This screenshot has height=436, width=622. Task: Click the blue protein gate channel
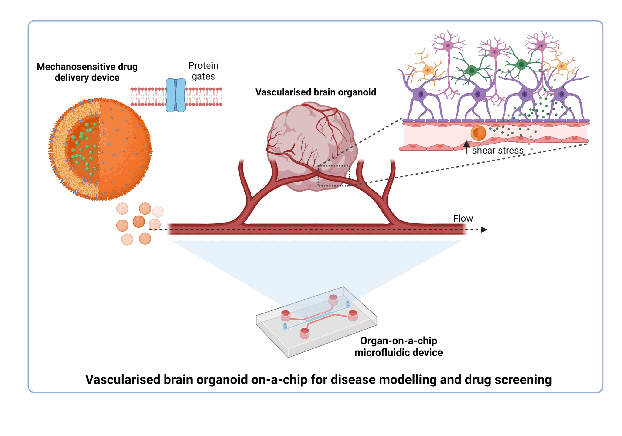(x=176, y=95)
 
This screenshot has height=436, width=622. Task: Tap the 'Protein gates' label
(x=203, y=71)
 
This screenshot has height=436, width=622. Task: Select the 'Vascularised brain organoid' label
(x=315, y=92)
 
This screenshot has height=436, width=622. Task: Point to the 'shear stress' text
(x=497, y=150)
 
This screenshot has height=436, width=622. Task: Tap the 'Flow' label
(x=463, y=218)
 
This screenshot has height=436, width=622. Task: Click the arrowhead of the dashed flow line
(x=484, y=230)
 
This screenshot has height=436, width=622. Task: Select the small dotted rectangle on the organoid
(x=333, y=175)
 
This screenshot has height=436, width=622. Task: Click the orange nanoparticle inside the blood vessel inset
(x=478, y=133)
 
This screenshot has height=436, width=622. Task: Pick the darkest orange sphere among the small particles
(x=139, y=221)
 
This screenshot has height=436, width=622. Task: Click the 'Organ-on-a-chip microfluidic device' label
(x=398, y=347)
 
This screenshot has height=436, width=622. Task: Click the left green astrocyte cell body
(x=472, y=71)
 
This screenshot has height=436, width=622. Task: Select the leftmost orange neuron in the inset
(x=428, y=71)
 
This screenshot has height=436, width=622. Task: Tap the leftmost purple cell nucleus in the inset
(x=421, y=94)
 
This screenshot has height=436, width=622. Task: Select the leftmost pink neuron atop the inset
(x=448, y=46)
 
